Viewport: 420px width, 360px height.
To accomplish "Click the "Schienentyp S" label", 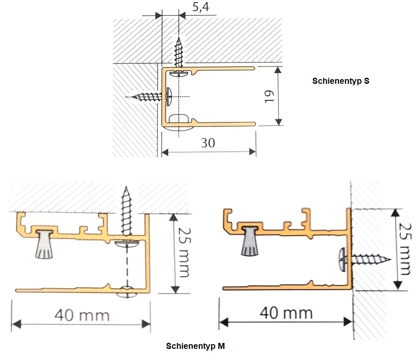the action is click(x=340, y=81).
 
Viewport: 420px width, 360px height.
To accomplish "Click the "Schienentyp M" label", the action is click(x=195, y=346).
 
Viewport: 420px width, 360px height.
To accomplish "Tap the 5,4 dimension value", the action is click(x=201, y=7).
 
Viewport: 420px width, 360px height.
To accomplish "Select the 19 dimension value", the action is click(x=269, y=97).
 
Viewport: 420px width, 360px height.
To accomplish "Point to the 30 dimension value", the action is click(x=208, y=143).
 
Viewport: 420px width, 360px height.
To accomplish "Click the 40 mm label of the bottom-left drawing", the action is click(x=82, y=315).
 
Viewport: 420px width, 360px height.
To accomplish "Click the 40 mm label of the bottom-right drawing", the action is click(x=286, y=313).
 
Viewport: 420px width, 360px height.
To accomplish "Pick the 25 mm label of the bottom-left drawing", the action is click(x=184, y=252).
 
